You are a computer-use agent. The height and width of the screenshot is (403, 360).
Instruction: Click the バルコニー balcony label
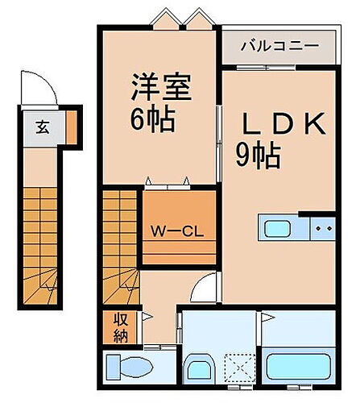(279, 47)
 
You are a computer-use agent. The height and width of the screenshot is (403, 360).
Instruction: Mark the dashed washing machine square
(239, 368)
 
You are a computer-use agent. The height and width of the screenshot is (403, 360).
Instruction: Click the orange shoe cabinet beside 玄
(70, 125)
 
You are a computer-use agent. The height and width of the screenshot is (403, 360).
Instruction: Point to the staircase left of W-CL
(121, 242)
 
